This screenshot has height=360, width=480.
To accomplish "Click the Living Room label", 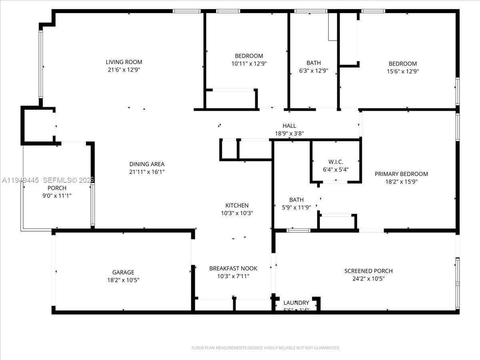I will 124,62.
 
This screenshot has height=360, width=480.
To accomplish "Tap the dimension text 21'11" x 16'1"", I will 147,172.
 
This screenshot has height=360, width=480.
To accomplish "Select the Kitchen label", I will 236,206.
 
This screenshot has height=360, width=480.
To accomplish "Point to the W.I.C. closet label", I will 336,162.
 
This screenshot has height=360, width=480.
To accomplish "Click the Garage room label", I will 123,272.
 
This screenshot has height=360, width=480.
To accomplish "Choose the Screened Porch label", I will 368,271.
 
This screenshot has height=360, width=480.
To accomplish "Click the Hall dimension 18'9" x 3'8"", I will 289,134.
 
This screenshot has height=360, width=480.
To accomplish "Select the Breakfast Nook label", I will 233,268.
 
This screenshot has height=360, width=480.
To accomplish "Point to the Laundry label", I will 296,303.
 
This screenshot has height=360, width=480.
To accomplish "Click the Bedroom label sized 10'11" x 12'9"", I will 249,56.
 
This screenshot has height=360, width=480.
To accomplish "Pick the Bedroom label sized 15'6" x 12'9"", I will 403,64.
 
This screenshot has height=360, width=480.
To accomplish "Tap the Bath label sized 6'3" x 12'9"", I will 314,63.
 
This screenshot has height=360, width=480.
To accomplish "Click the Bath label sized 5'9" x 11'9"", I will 296,200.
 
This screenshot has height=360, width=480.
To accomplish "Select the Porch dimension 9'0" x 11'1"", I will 57,196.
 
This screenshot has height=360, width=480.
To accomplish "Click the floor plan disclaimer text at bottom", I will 266,348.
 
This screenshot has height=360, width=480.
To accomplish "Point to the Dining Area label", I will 147,164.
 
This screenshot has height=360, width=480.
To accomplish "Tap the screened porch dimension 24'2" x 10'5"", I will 368,279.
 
